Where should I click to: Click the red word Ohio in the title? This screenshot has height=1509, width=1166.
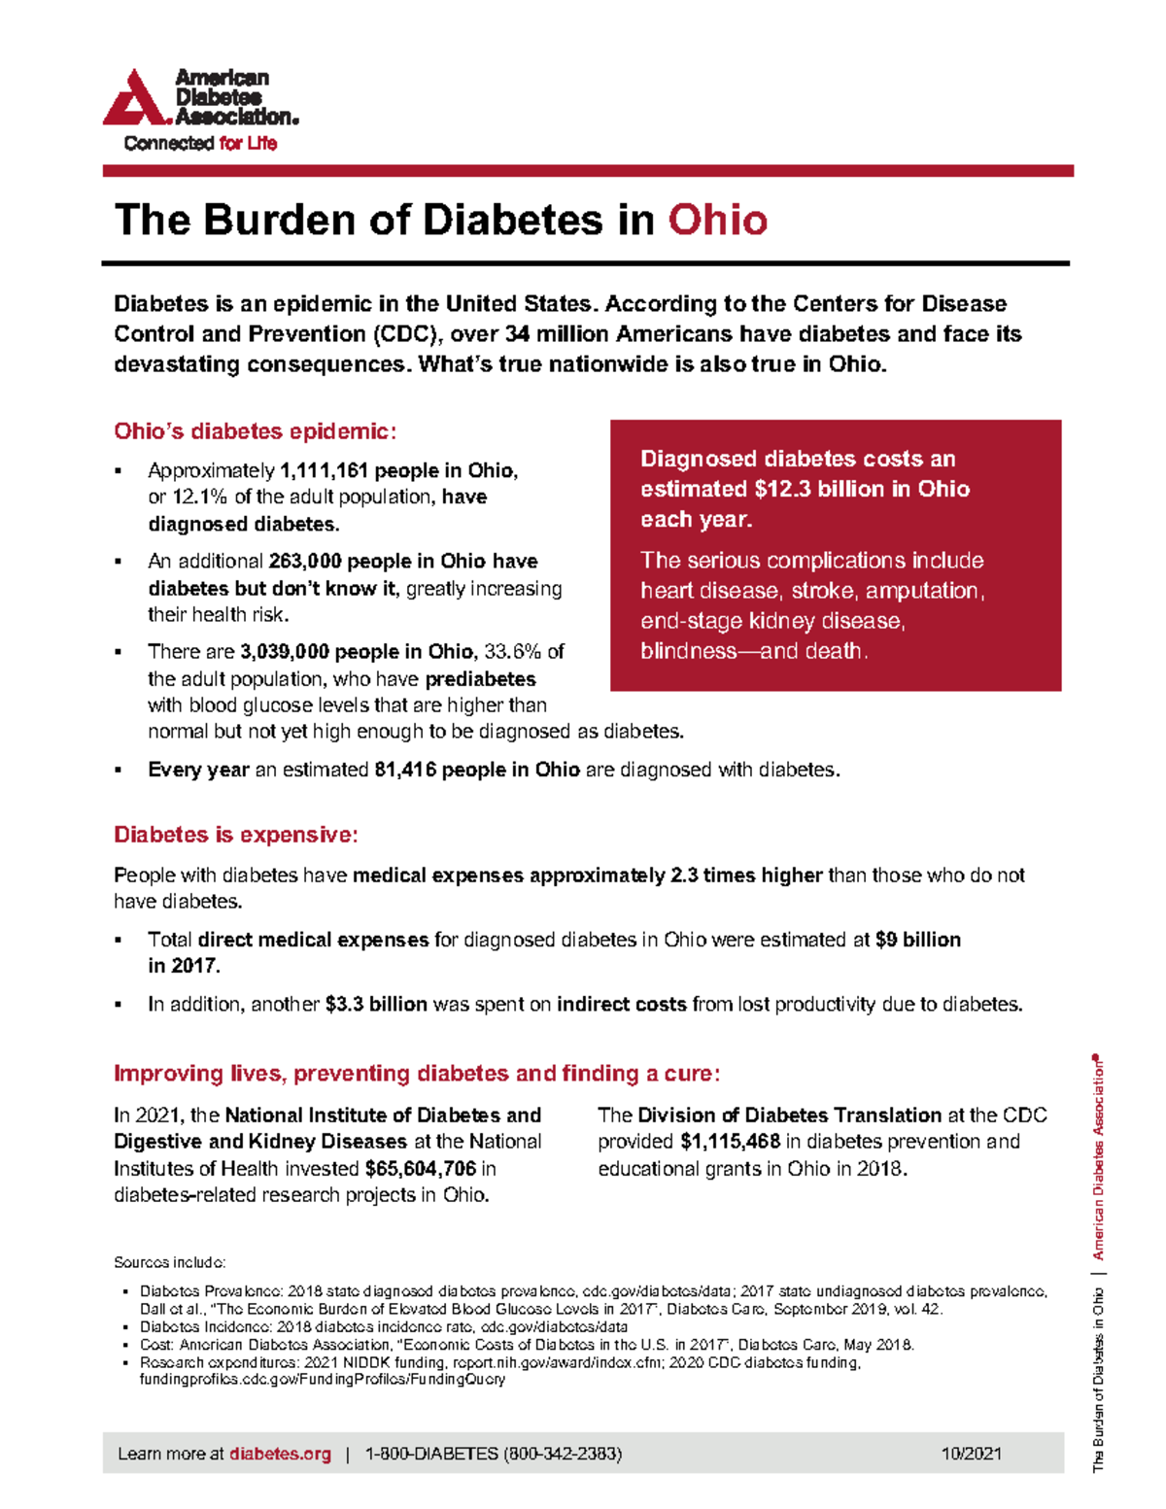tap(717, 220)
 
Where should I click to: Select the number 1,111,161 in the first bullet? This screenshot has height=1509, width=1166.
tap(324, 471)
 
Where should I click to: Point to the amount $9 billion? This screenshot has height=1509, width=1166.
tap(917, 940)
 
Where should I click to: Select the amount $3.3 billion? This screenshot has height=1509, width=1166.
tap(376, 1005)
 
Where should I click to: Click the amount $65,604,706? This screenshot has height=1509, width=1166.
tap(420, 1169)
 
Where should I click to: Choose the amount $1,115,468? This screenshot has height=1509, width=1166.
tap(730, 1142)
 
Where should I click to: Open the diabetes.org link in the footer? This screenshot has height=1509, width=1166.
tap(280, 1455)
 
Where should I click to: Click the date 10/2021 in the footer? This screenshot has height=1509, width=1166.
tap(971, 1455)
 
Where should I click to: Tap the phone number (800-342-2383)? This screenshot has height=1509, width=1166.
tap(563, 1455)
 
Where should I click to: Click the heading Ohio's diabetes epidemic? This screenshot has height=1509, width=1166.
tap(255, 431)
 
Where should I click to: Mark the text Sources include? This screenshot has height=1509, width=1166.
tap(169, 1262)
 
